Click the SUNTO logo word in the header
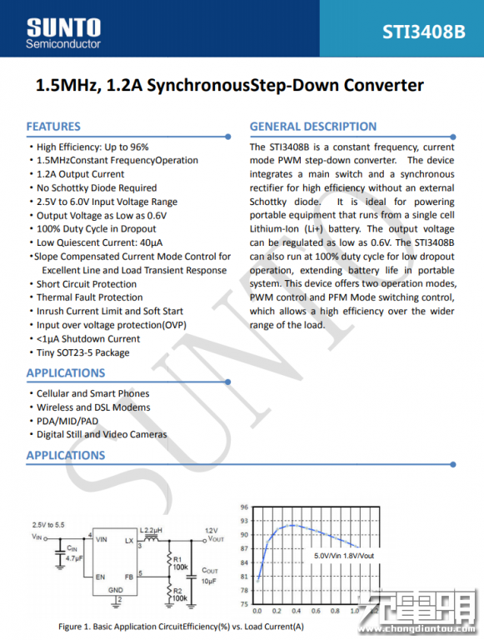63,27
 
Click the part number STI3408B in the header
423,32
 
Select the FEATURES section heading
53,127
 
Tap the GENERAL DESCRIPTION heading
313,127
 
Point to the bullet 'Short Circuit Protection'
87,284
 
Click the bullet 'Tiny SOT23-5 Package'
82,352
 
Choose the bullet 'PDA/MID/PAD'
67,421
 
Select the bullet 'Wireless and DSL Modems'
93,407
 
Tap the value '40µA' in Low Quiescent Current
151,242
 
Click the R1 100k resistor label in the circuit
181,563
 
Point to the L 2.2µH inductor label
151,530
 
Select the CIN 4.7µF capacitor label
74,553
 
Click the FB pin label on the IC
129,577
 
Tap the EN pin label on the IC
101,577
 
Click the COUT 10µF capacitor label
209,576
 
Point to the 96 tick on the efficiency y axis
244,507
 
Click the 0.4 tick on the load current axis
297,611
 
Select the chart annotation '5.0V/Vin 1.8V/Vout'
344,556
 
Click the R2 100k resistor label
181,595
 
